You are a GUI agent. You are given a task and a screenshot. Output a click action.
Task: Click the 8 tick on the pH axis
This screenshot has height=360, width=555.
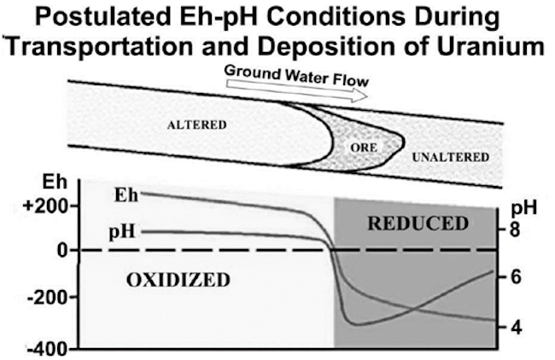coord(514,229)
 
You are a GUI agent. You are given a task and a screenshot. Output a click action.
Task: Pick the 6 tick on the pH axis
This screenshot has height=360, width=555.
coord(514,277)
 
